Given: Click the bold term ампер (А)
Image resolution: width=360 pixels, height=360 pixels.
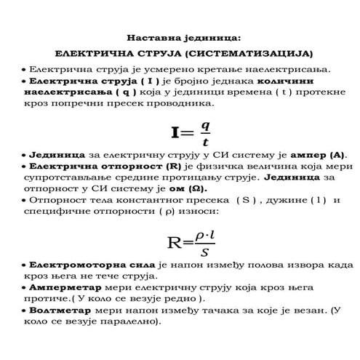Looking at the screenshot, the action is coord(319,155).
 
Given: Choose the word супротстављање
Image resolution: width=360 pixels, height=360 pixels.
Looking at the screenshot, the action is coord(73,177).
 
